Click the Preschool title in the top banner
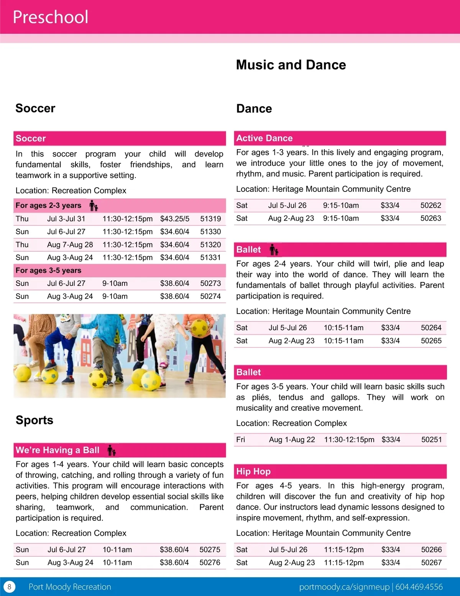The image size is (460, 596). [51, 17]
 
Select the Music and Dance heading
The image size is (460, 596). [291, 65]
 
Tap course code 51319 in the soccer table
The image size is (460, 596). [210, 219]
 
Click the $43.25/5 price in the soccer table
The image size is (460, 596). [174, 219]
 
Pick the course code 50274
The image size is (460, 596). [210, 296]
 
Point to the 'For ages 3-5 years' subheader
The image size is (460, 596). [48, 270]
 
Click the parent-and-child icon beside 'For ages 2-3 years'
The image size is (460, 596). [94, 206]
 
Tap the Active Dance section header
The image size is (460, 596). [264, 138]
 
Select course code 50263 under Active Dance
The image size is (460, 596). [430, 218]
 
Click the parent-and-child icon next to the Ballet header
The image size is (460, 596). [274, 250]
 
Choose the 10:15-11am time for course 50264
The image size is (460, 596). [343, 328]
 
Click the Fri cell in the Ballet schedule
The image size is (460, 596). [241, 439]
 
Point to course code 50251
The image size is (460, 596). [431, 439]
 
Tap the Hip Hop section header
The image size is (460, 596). [253, 471]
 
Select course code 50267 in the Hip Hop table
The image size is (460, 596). [431, 563]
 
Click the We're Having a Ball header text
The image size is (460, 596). [58, 450]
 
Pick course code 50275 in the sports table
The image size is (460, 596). [210, 550]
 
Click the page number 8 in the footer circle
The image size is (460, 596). [9, 587]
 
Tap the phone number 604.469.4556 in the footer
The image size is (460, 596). [419, 587]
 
